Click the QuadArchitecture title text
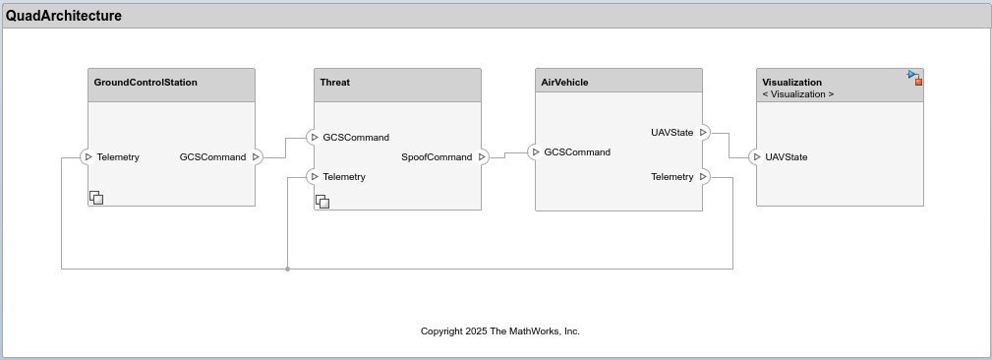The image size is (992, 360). [x=64, y=16]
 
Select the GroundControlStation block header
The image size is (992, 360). [x=146, y=83]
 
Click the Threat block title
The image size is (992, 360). [x=335, y=83]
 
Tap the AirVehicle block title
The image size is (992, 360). [x=564, y=83]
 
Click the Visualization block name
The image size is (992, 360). [x=791, y=83]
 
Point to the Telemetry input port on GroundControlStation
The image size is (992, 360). [x=87, y=157]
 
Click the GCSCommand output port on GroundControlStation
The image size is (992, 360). [x=257, y=157]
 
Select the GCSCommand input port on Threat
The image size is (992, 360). [x=313, y=138]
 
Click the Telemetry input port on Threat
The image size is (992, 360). [x=313, y=177]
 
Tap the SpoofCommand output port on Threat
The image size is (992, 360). [x=483, y=157]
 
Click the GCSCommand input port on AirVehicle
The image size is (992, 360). [x=534, y=152]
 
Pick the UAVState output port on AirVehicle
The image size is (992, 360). [x=704, y=133]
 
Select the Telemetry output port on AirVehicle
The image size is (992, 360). [x=704, y=177]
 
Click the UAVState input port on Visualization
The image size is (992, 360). [x=755, y=157]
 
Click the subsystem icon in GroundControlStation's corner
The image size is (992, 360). [x=96, y=198]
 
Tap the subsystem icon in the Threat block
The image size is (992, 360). [x=322, y=202]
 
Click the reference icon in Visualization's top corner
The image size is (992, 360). [x=914, y=77]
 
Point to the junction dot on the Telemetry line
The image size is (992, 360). [x=287, y=269]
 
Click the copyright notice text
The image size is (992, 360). [x=499, y=331]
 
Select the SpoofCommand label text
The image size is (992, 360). [x=437, y=157]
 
